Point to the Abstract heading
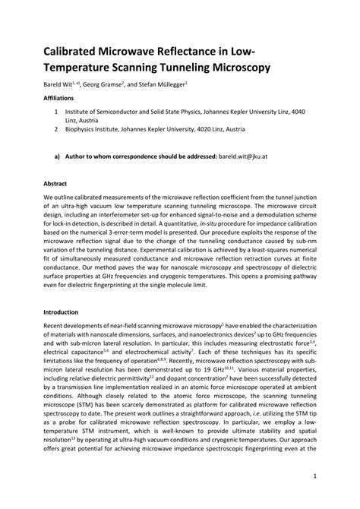55,184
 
